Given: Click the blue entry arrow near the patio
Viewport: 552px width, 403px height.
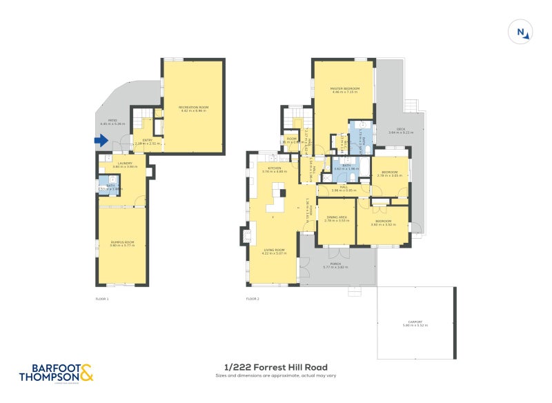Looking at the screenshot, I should [x=101, y=141].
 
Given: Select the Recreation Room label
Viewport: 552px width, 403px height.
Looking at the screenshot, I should [x=193, y=109].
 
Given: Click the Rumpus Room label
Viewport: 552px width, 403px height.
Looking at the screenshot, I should [x=121, y=244].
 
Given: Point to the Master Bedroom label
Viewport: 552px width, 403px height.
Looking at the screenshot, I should [x=343, y=90].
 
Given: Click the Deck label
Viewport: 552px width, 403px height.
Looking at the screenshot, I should [x=401, y=132].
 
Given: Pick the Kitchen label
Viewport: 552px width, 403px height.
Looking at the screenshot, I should [x=274, y=169].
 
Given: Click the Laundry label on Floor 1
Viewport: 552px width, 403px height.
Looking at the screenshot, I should [x=121, y=164].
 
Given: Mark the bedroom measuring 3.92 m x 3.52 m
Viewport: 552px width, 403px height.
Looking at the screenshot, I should [x=383, y=223].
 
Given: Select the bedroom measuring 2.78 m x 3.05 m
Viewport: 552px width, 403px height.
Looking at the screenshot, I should [x=390, y=175].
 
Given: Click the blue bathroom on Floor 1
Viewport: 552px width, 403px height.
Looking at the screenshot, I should [x=105, y=187].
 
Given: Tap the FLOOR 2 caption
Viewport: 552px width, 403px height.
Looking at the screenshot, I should [x=253, y=299].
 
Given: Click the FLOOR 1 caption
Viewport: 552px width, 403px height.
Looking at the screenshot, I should [x=101, y=299].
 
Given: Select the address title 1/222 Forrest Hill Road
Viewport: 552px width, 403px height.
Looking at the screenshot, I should [x=276, y=367].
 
